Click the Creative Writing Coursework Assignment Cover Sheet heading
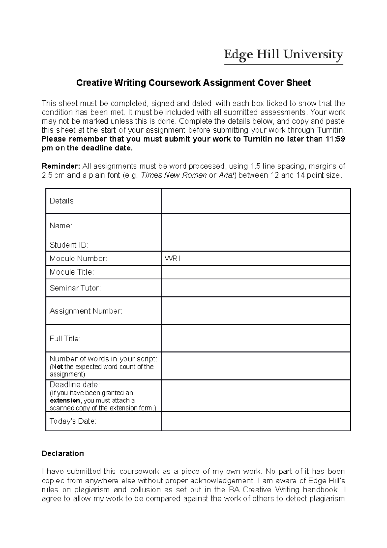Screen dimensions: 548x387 tap(193, 83)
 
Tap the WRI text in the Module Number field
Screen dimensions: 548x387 tap(172, 259)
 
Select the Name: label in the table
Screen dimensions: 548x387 tap(61, 226)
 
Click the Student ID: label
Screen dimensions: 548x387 tap(69, 245)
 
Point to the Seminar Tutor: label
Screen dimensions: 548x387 tap(75, 288)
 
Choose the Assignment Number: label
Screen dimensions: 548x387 tap(86, 311)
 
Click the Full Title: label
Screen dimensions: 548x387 tap(65, 339)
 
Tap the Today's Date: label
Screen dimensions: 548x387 tap(73, 421)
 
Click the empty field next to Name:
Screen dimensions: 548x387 tap(255, 226)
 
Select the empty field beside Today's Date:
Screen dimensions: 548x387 tap(255, 421)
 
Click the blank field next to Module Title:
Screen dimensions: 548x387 tap(255, 272)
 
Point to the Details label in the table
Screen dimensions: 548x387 tap(61, 201)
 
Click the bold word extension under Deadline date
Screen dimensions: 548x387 tap(64, 401)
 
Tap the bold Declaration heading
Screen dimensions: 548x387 tap(63, 454)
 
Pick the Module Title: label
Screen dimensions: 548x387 tap(72, 272)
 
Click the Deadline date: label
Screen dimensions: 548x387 tap(75, 385)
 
